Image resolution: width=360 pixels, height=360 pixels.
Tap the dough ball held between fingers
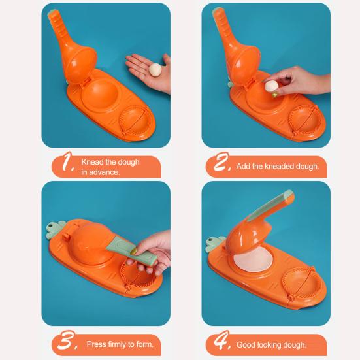pyautogui.click(x=271, y=86)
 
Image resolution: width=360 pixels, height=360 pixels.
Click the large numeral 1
pyautogui.click(x=68, y=161)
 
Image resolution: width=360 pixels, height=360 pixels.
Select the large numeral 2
pyautogui.click(x=221, y=161)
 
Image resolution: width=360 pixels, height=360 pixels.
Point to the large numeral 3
pyautogui.click(x=67, y=340)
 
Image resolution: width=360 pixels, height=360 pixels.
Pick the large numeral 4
pyautogui.click(x=221, y=340)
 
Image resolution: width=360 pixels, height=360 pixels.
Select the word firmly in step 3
pyautogui.click(x=118, y=344)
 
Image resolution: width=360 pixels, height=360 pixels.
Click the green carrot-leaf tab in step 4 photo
pyautogui.click(x=214, y=244)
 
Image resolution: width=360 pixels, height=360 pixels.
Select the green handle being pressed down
pyautogui.click(x=131, y=252)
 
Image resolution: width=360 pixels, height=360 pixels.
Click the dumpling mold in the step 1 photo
pyautogui.click(x=136, y=122)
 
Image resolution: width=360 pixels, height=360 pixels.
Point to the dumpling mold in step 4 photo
pyautogui.click(x=301, y=284)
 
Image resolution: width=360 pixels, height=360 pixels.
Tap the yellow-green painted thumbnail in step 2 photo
pyautogui.click(x=274, y=94)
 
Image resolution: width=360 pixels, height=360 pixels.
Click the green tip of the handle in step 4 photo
pyautogui.click(x=289, y=196)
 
